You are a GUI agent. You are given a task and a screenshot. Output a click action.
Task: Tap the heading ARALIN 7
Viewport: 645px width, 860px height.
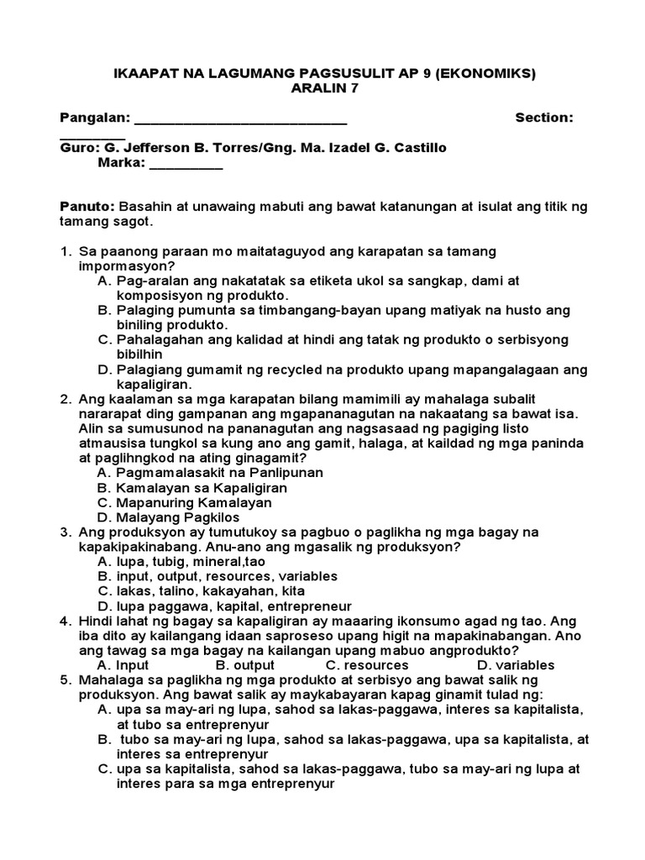pos(324,89)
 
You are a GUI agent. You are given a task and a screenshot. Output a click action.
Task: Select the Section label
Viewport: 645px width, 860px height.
pos(544,118)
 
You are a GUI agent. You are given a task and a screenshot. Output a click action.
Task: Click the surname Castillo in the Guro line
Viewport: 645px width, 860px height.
pos(416,148)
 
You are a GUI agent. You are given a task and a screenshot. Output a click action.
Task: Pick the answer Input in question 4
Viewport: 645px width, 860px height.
pos(132,665)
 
